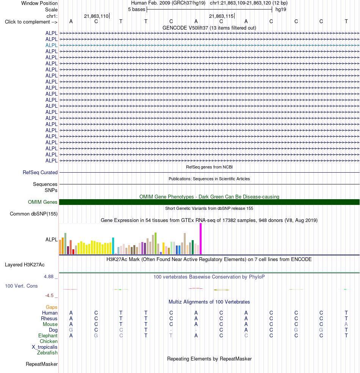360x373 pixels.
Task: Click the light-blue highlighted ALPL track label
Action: (x=51, y=45)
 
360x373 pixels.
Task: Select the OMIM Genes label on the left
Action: (x=42, y=202)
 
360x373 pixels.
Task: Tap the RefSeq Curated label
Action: (x=40, y=173)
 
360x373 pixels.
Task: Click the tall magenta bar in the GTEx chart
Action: (x=200, y=239)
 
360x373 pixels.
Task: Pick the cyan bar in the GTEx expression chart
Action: (x=113, y=246)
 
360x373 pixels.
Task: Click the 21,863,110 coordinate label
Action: (x=96, y=16)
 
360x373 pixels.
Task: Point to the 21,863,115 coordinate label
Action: (x=221, y=16)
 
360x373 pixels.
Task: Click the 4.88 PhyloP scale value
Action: (x=49, y=276)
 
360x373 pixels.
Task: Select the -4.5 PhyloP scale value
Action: (x=49, y=296)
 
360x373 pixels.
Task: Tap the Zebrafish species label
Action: (x=47, y=353)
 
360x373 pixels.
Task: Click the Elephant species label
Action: (x=48, y=336)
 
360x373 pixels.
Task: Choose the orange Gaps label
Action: (x=52, y=307)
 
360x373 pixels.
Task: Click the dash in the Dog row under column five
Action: (x=171, y=331)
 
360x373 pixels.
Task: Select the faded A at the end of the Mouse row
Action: (x=346, y=324)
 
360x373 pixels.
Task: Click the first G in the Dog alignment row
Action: (x=71, y=330)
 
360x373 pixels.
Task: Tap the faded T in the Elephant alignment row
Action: (x=171, y=336)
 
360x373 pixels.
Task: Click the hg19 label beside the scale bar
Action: (x=281, y=9)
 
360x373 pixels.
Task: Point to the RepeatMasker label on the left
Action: (x=42, y=364)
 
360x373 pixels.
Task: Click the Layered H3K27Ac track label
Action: (x=25, y=265)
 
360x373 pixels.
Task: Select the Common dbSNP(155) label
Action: (x=34, y=214)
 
